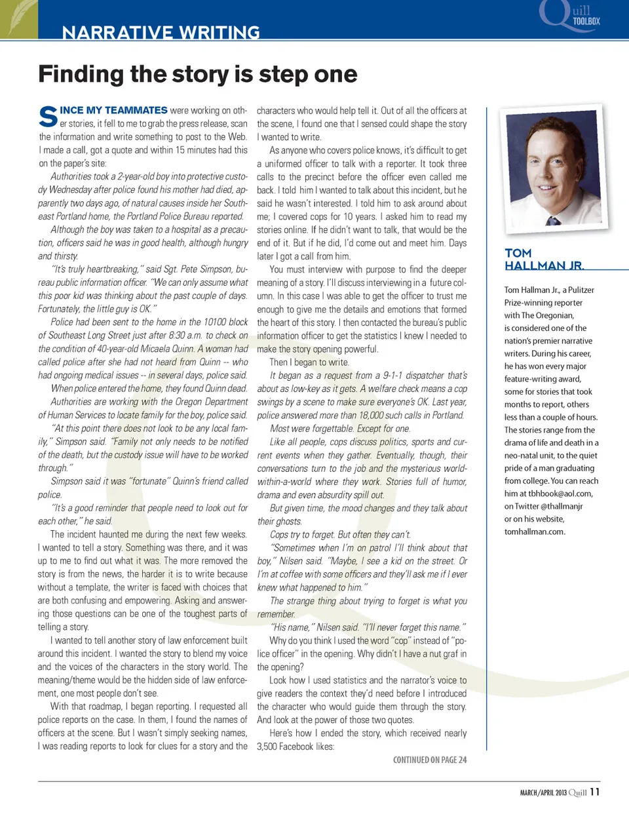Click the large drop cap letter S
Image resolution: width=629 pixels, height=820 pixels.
[x=48, y=117]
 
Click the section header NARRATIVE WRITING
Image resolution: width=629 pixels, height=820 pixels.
[x=161, y=32]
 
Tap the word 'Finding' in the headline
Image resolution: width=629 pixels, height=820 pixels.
[x=82, y=74]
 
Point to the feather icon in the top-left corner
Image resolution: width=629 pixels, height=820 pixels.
[x=18, y=18]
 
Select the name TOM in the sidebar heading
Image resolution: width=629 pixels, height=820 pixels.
[x=518, y=253]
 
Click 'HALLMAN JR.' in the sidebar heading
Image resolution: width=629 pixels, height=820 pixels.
[x=544, y=265]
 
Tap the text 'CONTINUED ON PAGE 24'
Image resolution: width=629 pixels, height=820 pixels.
[x=430, y=760]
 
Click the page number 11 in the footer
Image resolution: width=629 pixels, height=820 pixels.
[x=594, y=792]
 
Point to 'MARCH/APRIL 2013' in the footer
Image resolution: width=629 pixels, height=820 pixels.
[x=543, y=792]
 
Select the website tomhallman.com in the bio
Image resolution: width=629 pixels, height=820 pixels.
[x=534, y=532]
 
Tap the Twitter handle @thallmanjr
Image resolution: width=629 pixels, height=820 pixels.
[x=562, y=506]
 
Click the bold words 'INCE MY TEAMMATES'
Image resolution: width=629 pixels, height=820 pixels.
[x=113, y=110]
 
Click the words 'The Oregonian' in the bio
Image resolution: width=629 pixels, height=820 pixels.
[x=547, y=315]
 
